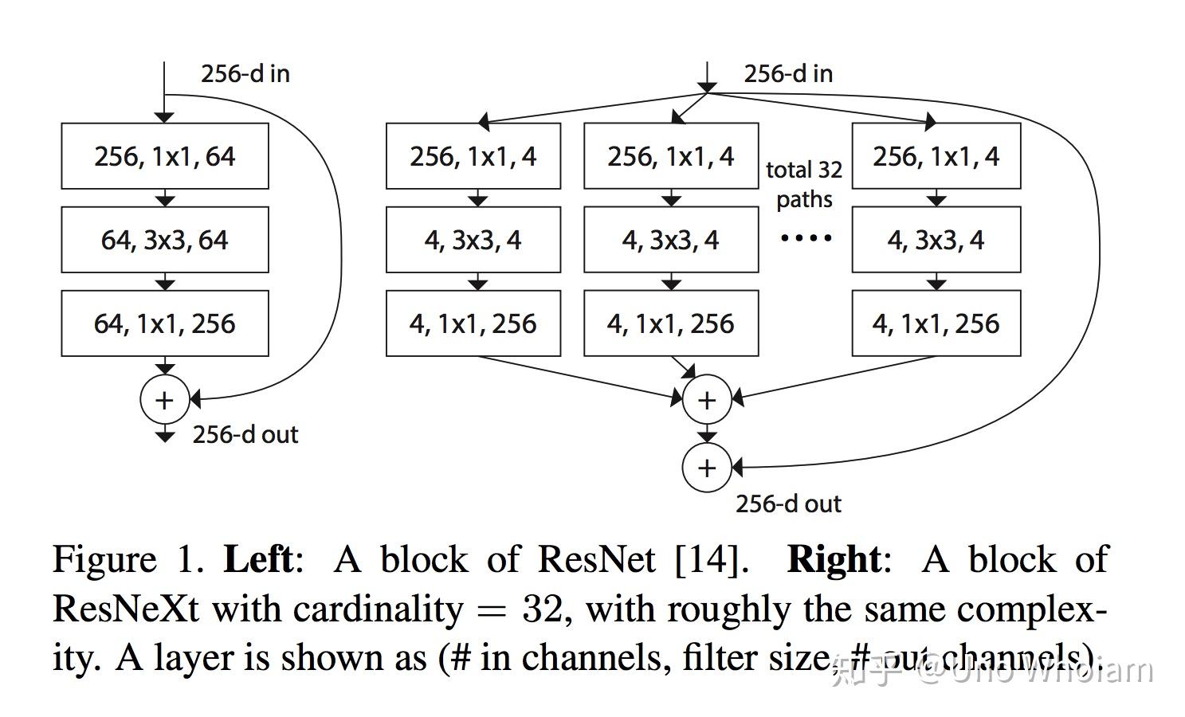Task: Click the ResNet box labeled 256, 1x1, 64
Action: (x=165, y=156)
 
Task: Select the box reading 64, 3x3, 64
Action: (x=165, y=240)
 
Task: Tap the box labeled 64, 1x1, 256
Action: (x=165, y=323)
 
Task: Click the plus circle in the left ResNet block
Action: (x=164, y=400)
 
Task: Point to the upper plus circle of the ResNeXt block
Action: (x=707, y=400)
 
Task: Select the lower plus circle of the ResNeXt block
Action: (x=707, y=468)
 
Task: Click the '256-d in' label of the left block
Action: (x=245, y=74)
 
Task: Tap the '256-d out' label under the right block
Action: (x=788, y=503)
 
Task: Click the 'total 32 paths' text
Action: (x=804, y=184)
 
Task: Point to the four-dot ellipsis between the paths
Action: (x=806, y=237)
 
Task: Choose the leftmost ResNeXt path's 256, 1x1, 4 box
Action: (x=473, y=156)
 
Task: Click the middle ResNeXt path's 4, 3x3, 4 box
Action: (x=671, y=240)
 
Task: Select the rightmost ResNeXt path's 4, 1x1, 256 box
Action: (x=936, y=323)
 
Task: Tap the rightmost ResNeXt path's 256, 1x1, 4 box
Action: (x=936, y=156)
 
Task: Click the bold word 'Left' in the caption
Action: (x=258, y=559)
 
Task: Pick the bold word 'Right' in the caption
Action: (x=834, y=559)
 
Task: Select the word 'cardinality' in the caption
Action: (x=378, y=609)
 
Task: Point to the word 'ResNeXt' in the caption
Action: (x=126, y=609)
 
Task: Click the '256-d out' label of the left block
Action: (x=245, y=435)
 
